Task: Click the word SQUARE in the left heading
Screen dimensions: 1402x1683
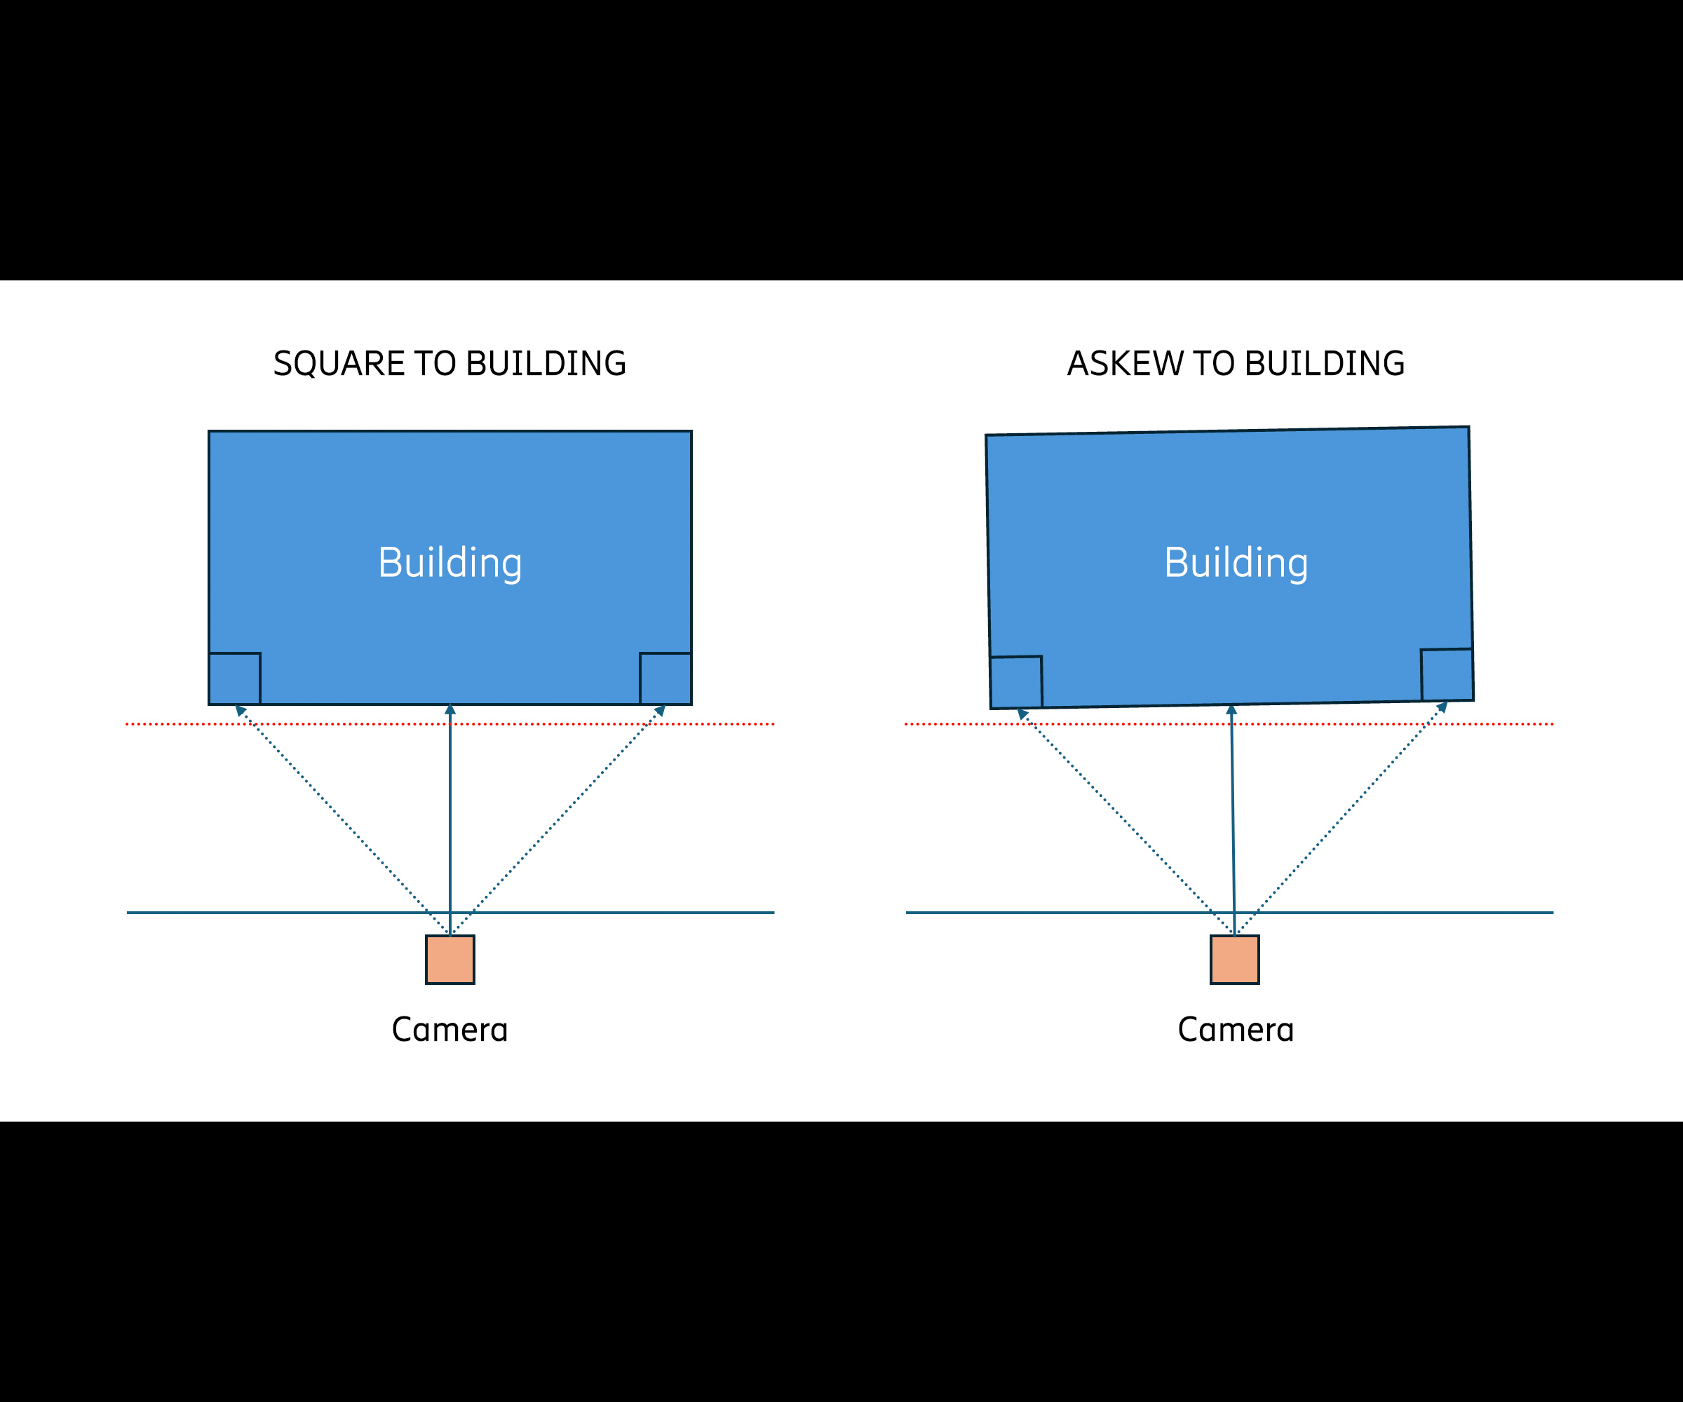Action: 338,364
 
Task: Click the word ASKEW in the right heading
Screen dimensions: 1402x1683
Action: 1124,364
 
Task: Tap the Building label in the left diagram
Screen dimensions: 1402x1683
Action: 450,562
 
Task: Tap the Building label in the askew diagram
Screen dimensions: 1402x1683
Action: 1236,562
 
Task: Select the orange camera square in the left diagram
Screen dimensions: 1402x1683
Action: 450,959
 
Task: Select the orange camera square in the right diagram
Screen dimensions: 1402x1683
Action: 1234,959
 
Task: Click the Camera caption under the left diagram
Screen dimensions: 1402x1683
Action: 450,1030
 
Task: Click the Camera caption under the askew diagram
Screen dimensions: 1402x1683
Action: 1236,1030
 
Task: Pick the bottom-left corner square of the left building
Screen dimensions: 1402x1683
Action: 235,679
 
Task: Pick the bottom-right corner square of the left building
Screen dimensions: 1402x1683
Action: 665,679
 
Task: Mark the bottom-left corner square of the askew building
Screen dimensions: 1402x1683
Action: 1016,682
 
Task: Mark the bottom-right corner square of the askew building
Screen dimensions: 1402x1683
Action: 1447,674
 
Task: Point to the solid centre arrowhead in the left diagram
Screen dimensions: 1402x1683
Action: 450,709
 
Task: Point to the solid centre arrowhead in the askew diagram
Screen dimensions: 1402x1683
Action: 1232,709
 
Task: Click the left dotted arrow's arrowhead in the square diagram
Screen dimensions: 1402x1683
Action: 239,710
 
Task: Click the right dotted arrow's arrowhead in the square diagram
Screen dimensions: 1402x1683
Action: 661,710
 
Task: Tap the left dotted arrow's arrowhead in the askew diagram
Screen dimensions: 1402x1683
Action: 1022,713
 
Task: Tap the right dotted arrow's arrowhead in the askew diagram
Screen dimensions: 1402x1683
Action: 1442,707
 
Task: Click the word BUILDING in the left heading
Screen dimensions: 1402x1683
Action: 546,364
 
